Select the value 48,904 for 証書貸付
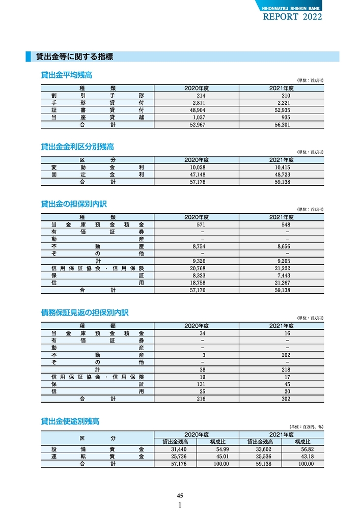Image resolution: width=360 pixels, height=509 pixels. point(197,110)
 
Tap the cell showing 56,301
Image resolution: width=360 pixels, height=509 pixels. point(282,125)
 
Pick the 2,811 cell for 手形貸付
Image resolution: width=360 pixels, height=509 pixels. point(197,103)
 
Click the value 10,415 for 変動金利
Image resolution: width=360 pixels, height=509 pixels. point(282,167)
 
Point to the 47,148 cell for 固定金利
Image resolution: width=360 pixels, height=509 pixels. point(197,175)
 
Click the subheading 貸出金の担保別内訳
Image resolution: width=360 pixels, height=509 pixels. point(74,204)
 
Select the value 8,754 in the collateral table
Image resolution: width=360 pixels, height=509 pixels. point(197,246)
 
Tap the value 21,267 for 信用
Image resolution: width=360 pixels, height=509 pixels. point(282,282)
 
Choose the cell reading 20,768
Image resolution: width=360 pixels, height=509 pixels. point(197,268)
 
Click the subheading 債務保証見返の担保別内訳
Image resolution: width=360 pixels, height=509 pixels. point(85,313)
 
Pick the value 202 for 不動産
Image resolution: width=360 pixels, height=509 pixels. point(285,355)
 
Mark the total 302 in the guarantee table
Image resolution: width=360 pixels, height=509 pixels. point(285,399)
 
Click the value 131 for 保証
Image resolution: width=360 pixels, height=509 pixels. point(201,384)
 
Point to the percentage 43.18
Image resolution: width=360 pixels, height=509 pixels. point(307,457)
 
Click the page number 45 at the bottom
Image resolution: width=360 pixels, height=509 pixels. point(180,496)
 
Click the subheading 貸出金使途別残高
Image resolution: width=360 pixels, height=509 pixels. point(70,421)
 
